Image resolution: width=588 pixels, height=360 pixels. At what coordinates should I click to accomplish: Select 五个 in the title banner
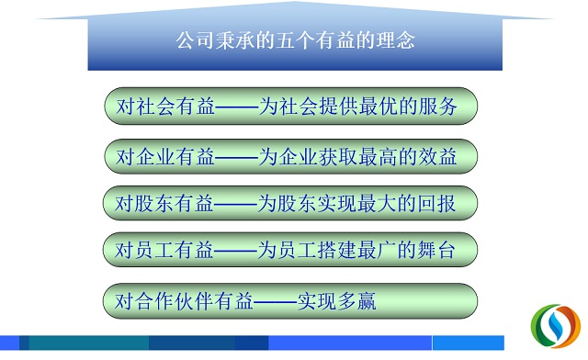[x=296, y=40]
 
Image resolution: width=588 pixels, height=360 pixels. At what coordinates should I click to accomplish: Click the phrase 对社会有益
[x=165, y=107]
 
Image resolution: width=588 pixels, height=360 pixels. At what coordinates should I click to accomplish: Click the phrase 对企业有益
[x=165, y=156]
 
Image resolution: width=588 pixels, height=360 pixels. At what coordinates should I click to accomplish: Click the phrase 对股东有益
[x=164, y=204]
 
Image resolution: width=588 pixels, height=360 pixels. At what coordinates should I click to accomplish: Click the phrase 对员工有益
[x=164, y=250]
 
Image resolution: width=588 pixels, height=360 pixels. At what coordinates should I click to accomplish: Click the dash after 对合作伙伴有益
[x=275, y=301]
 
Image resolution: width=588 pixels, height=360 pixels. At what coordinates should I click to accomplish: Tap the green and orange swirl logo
[x=556, y=326]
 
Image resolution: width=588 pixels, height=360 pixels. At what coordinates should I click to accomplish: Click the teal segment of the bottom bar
[x=89, y=343]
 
